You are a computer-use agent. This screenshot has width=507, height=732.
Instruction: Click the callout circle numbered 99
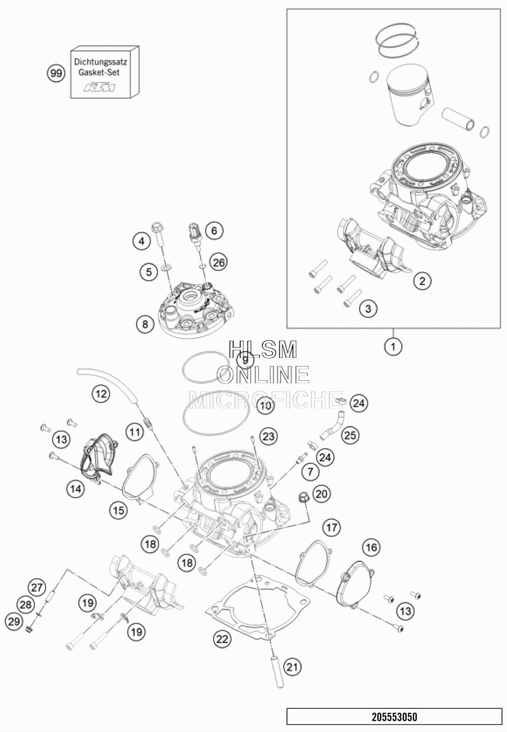[x=56, y=74]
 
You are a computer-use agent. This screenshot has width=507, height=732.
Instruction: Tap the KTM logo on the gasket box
[x=99, y=88]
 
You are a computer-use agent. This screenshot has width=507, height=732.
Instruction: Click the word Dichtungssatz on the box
[x=100, y=62]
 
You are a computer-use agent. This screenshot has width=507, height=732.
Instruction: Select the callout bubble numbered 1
[x=393, y=347]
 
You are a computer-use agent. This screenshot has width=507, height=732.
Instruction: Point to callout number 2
[x=422, y=280]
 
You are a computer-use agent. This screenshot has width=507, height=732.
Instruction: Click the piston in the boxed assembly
[x=408, y=96]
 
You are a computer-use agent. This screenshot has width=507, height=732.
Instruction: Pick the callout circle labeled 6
[x=214, y=231]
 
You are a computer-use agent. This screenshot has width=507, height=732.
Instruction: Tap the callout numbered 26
[x=219, y=262]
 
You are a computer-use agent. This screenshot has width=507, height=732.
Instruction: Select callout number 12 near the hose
[x=101, y=393]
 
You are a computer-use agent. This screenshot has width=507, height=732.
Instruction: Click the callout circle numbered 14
[x=75, y=489]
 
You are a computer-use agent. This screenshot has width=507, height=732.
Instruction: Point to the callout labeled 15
[x=119, y=510]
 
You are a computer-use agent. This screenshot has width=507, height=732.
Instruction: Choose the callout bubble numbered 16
[x=371, y=547]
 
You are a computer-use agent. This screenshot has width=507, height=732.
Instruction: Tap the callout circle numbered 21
[x=292, y=667]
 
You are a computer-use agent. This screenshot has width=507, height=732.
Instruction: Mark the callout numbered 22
[x=222, y=639]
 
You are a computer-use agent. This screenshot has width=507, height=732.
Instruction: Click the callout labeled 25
[x=350, y=434]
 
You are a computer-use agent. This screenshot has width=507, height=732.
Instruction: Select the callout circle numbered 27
[x=37, y=588]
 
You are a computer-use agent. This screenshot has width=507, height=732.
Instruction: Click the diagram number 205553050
[x=394, y=717]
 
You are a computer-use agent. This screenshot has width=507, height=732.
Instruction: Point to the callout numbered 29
[x=14, y=621]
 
